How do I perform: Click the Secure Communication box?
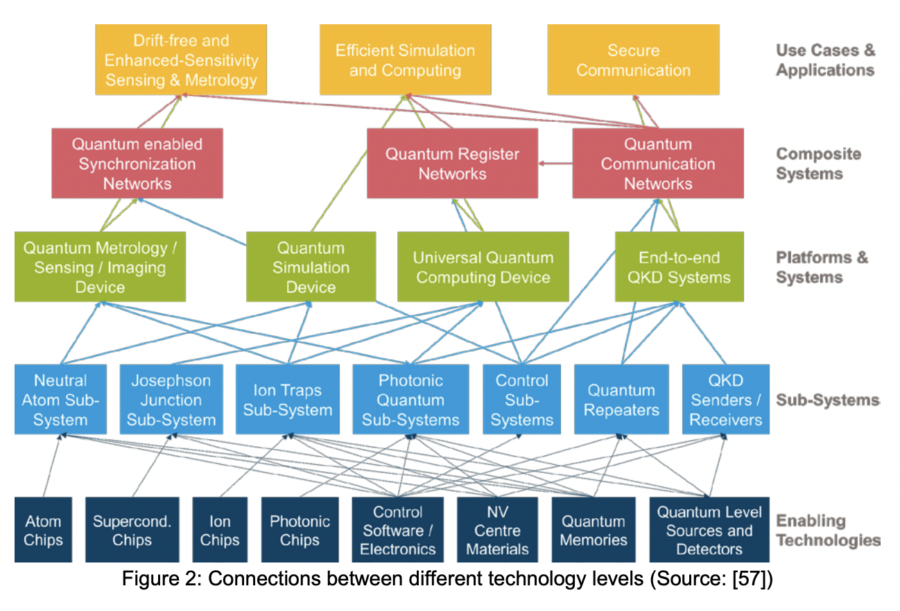633,60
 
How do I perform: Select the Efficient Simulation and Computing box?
405,60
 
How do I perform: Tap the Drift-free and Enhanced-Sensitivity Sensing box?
181,60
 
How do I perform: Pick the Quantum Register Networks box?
452,163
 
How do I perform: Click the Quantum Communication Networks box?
657,163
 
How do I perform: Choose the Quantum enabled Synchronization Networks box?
137,163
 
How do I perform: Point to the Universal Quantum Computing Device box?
483,267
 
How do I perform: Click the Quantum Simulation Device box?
311,267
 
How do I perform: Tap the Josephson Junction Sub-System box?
171,400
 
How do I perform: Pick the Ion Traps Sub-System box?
287,400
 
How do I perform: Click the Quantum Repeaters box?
621,400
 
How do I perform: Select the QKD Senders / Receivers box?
725,400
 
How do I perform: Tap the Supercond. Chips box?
132,530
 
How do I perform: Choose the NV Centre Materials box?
497,530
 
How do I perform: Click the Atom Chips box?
43,530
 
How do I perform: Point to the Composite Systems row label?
818,163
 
